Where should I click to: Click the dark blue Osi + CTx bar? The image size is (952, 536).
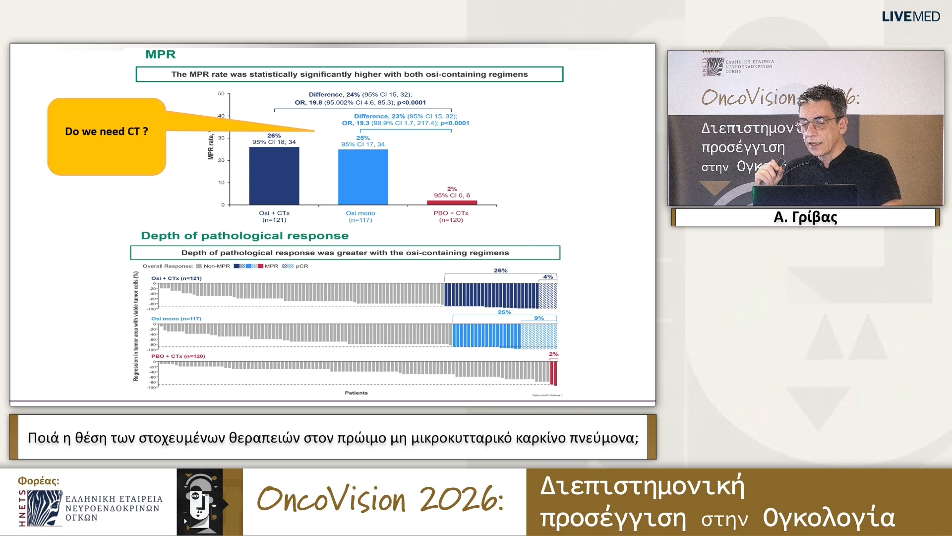274,176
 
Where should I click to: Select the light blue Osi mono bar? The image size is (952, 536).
363,177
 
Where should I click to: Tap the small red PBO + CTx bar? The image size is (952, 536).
452,202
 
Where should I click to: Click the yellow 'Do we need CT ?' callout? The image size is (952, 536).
106,136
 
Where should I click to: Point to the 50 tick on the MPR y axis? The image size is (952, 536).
221,94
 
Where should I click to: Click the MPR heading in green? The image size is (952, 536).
160,55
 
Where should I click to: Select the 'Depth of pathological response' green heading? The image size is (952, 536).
244,236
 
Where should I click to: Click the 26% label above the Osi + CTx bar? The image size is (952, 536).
274,135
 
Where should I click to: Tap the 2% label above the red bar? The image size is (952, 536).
452,189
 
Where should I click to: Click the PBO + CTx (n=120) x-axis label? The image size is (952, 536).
451,216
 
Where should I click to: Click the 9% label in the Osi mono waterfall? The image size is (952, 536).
539,318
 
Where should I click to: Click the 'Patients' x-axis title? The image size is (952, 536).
356,393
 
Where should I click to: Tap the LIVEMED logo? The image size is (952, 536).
910,16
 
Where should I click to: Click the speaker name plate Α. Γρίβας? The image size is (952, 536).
805,217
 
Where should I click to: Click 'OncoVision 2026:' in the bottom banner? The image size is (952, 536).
380,499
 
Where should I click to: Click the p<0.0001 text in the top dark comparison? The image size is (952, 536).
411,103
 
